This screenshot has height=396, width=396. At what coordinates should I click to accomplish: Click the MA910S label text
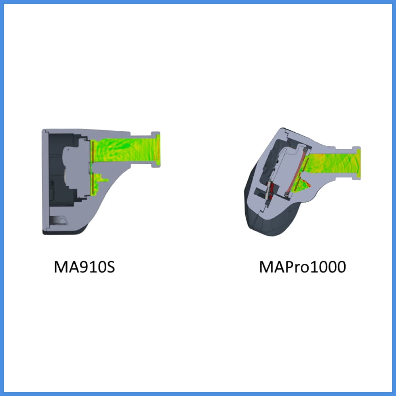click(84, 267)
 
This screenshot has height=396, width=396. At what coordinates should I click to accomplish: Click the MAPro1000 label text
click(302, 267)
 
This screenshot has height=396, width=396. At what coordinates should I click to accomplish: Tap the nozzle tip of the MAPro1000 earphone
click(358, 164)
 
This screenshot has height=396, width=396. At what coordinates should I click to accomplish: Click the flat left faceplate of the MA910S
click(45, 182)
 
